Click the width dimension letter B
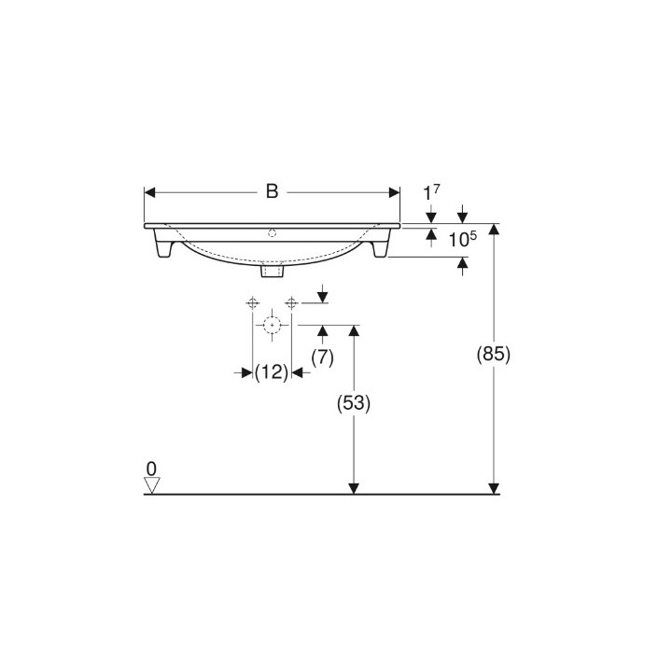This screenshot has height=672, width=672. point(272,191)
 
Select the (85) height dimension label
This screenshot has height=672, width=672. point(494,355)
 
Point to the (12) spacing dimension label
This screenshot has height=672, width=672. point(271,371)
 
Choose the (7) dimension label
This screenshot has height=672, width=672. point(322,357)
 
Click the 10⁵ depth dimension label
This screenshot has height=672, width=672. point(462,240)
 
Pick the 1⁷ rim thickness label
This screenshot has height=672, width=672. point(430,193)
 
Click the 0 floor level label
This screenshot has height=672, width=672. point(151,467)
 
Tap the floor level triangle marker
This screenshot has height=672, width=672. point(152,484)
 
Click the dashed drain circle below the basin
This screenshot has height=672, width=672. point(272,326)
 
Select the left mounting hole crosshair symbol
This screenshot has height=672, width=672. point(252,302)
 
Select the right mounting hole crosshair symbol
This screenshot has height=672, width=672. point(291,302)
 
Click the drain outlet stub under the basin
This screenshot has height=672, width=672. point(272,271)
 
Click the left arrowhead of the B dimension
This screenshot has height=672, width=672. point(149,192)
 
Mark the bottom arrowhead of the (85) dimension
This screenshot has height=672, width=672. point(495,487)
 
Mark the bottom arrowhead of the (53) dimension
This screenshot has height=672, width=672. point(354,487)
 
